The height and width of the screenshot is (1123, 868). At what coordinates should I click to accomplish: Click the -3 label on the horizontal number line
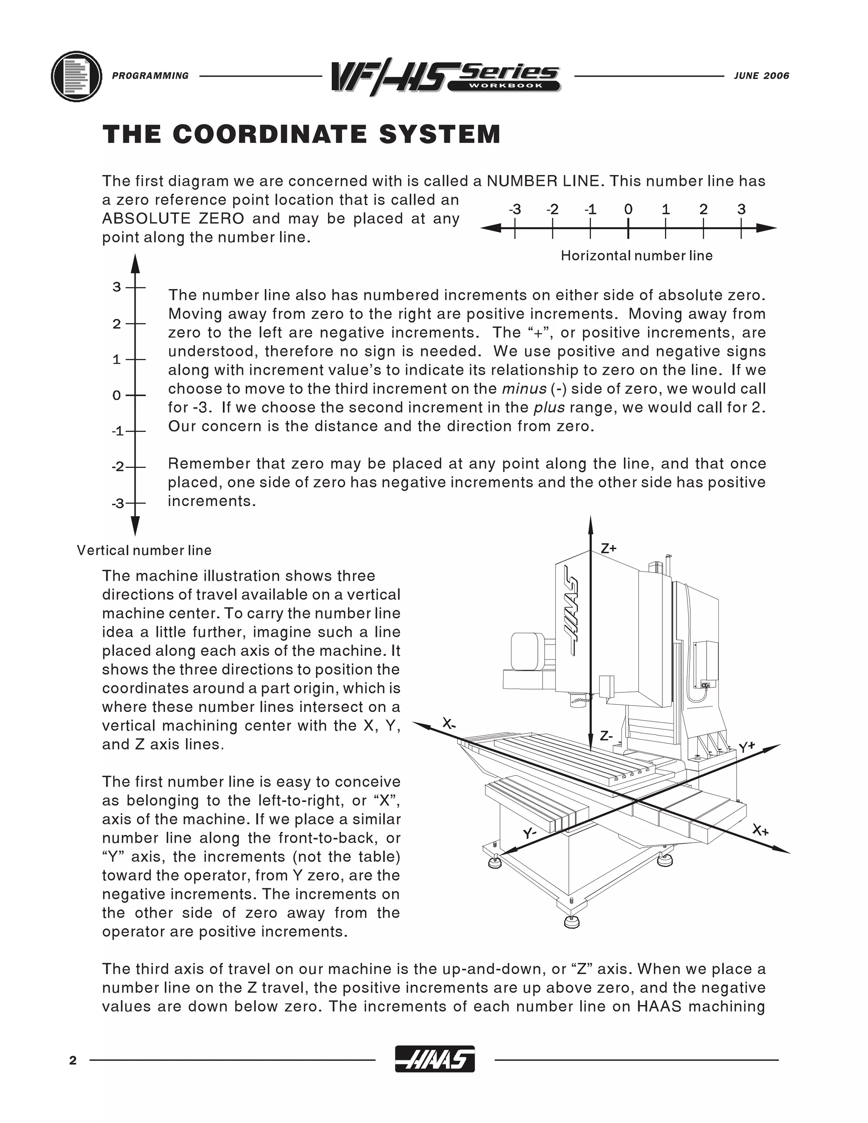pos(515,209)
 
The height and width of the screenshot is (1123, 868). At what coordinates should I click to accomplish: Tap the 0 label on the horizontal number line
pos(628,209)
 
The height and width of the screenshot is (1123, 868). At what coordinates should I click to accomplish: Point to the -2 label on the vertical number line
pos(118,467)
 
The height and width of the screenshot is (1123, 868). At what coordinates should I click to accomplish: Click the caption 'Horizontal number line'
pos(637,256)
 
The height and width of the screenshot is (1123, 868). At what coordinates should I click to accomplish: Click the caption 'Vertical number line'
pos(144,550)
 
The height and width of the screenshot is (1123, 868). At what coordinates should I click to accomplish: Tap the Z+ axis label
pos(609,548)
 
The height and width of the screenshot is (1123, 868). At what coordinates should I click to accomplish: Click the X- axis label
pos(449,725)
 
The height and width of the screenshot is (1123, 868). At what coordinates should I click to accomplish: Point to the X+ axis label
pos(760,830)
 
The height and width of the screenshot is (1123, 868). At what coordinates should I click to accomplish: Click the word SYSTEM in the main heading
pos(440,134)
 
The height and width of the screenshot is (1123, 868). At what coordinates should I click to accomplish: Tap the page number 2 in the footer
pos(73,1060)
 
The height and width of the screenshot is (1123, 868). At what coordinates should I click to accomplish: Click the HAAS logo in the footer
pos(434,1060)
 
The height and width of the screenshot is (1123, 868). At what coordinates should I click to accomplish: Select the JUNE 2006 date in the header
pos(762,76)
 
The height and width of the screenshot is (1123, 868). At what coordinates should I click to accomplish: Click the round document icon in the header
pos(77,76)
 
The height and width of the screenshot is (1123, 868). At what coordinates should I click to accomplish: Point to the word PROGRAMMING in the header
pos(150,76)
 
